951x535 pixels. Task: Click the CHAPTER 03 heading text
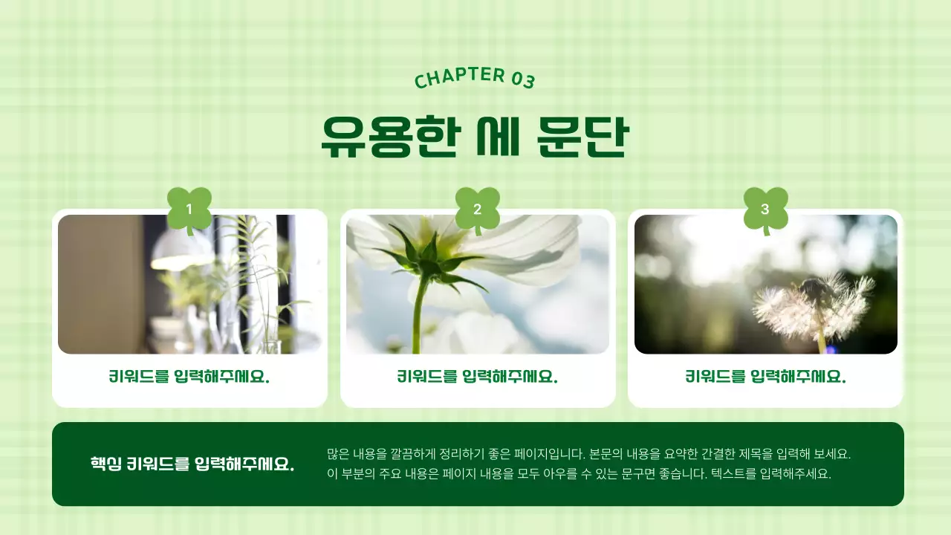pos(474,77)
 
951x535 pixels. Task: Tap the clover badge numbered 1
pos(189,209)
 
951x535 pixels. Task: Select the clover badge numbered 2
pos(477,209)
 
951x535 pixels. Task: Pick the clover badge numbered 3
pos(765,209)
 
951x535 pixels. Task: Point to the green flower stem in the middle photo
pos(420,312)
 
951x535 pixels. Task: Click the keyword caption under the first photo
pos(189,377)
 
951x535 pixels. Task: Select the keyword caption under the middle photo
pos(477,377)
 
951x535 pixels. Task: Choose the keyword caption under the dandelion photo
pos(765,377)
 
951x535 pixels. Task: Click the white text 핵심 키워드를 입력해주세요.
pos(192,464)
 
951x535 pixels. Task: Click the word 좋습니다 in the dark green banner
pos(683,473)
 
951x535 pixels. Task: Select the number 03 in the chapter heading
pos(523,80)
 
